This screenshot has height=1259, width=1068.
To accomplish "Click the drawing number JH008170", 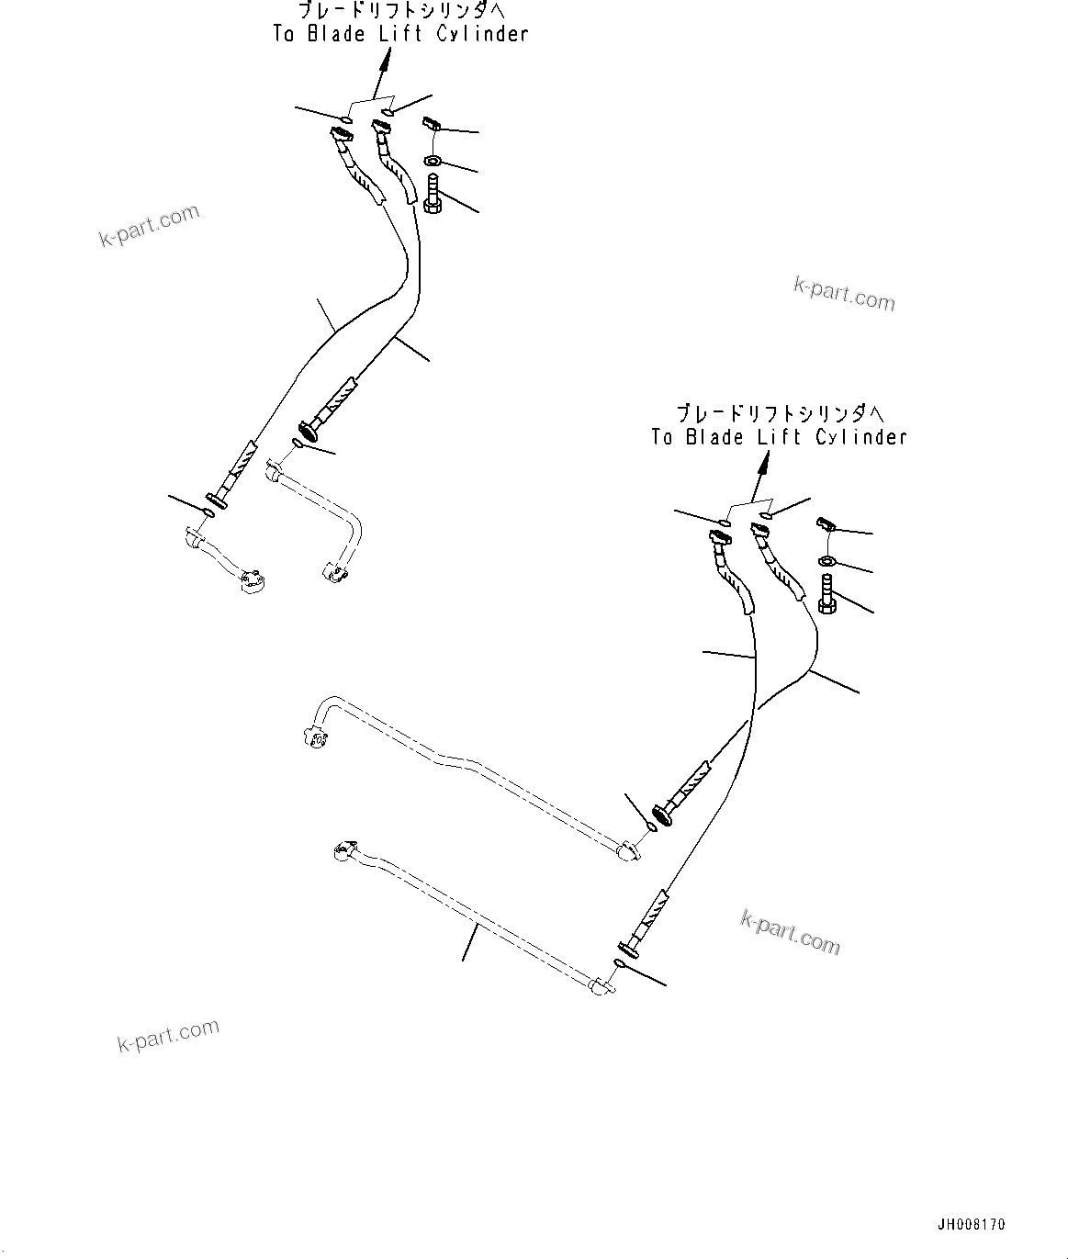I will (971, 1224).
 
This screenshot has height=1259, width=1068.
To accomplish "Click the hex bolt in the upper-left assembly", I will (433, 195).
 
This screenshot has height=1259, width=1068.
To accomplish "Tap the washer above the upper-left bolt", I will (433, 163).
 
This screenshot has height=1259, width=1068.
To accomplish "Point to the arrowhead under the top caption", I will (388, 59).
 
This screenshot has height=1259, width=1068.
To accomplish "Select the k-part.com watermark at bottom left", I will (168, 1035).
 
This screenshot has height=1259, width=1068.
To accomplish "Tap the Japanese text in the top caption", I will (401, 12).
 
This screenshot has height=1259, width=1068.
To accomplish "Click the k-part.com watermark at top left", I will (149, 225).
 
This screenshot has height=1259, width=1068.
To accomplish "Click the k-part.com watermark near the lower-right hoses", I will (790, 931).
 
